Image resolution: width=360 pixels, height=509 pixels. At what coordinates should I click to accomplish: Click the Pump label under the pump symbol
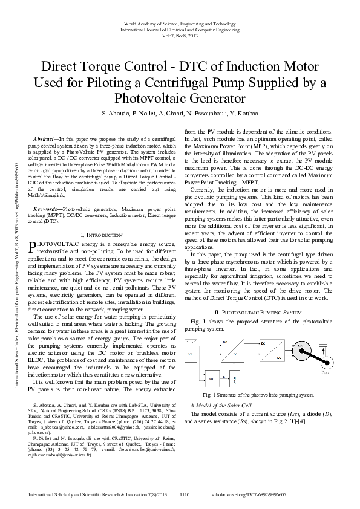tap(326, 374)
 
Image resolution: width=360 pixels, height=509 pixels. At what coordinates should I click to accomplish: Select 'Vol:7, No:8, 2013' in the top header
tap(180, 36)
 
